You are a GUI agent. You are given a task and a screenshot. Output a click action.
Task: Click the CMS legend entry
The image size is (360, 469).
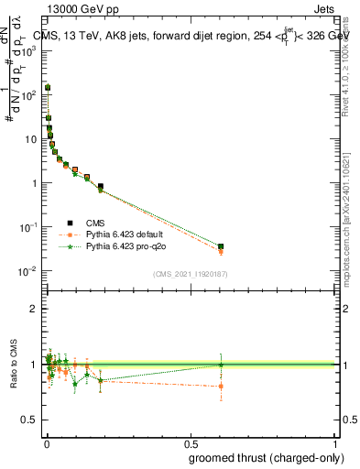[94, 223]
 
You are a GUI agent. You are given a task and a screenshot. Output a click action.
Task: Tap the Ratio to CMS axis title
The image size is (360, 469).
[13, 365]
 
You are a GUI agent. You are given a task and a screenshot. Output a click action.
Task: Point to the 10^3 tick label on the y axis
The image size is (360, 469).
[28, 51]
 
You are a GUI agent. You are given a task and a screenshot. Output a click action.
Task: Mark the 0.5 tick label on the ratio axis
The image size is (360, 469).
[31, 420]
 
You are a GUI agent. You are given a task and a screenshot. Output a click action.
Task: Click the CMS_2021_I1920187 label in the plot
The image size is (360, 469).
[189, 274]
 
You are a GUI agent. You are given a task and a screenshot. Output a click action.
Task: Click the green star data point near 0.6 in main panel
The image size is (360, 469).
[221, 246]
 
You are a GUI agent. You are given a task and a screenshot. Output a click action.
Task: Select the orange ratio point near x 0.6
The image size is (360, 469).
[221, 386]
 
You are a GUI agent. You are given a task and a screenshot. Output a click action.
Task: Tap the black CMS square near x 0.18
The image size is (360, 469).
[100, 187]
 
